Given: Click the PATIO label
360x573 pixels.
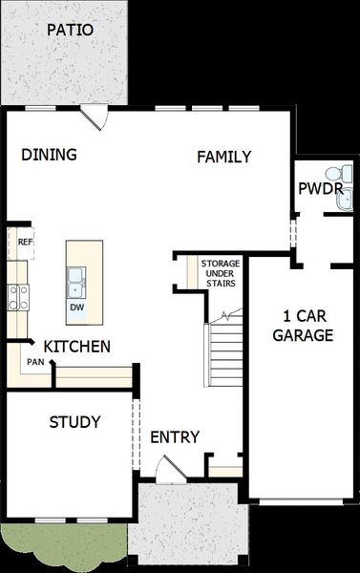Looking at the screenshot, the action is (x=70, y=30).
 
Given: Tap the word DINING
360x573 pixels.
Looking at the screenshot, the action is (x=49, y=155).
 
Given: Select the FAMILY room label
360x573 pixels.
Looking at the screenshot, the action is (x=224, y=157).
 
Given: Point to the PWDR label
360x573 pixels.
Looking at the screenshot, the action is (x=321, y=189).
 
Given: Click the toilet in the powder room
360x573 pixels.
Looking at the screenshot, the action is (x=340, y=172).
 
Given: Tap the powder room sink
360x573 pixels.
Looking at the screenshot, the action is (x=345, y=200).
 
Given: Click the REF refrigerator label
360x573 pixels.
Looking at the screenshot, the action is (x=26, y=242).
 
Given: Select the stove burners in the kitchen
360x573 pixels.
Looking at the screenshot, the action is (x=18, y=297).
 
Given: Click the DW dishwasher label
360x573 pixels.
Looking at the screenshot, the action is (x=77, y=308).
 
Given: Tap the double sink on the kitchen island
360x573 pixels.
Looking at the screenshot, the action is (x=76, y=283).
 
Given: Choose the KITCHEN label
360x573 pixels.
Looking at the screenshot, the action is (x=76, y=347).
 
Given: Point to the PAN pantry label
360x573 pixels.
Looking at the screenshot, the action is (x=35, y=362).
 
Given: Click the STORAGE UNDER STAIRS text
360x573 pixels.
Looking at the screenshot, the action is (x=221, y=273).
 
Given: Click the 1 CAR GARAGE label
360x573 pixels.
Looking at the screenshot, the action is (x=303, y=326).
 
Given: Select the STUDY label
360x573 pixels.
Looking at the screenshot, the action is (x=74, y=422).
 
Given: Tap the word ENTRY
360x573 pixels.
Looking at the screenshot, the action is (x=175, y=437).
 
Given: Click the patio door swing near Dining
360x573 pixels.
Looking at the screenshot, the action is (x=95, y=117).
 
